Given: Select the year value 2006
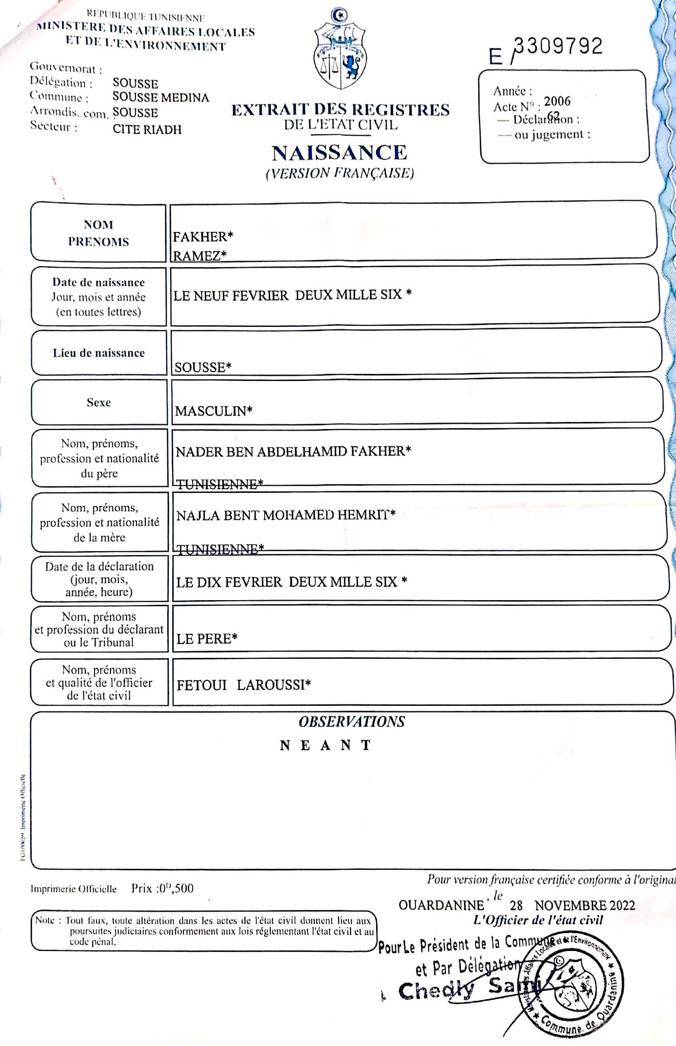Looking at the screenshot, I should click(557, 101).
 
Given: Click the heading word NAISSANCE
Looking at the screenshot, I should click(339, 153).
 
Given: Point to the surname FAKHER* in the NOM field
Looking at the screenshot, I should click(203, 237).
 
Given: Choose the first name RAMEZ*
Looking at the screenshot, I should click(199, 256).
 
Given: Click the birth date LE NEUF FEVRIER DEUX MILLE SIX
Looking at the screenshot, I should click(292, 295).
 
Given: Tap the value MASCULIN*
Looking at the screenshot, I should click(214, 411).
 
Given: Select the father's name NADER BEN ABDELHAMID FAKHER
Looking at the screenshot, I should click(293, 451).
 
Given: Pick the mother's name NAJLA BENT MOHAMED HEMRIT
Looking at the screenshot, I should click(286, 515).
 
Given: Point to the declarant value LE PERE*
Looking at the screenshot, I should click(207, 639).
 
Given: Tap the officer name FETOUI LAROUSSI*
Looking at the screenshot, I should click(244, 685).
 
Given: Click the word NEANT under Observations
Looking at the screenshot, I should click(325, 746).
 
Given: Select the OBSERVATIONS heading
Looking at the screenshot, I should click(352, 722).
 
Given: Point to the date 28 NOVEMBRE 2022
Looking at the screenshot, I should click(572, 906).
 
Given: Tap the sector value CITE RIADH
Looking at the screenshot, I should click(147, 129).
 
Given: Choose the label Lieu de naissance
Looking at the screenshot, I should click(99, 353).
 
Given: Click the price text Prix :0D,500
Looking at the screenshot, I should click(162, 888).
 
